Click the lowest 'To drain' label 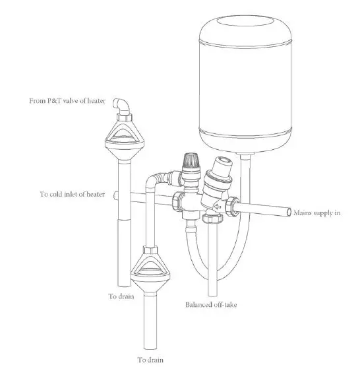(150, 359)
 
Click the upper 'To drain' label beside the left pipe (121, 297)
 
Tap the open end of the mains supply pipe (290, 213)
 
